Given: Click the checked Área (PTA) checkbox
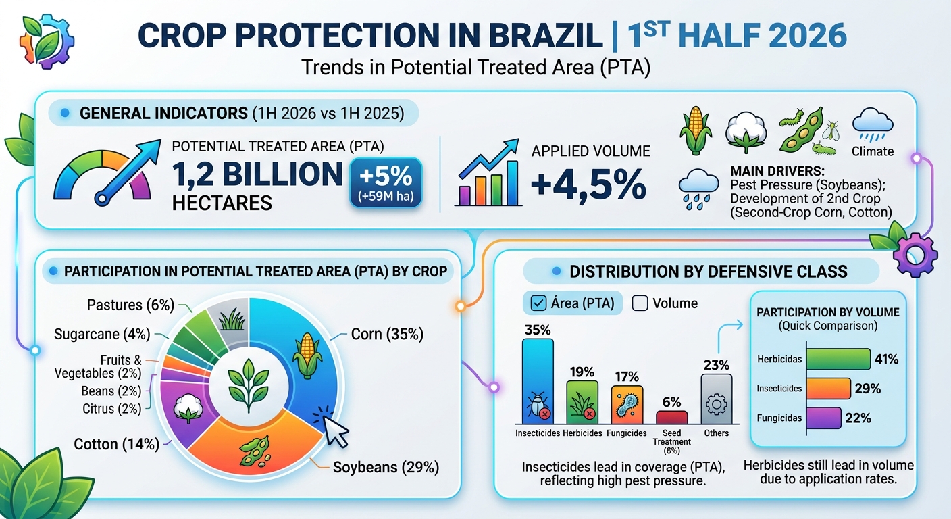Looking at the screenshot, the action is [538, 303].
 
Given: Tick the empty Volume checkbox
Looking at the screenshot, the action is [640, 303].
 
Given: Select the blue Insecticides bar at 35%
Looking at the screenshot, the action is [538, 381].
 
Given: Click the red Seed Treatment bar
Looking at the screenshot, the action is [671, 418].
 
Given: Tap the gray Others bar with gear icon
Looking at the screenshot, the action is [716, 399].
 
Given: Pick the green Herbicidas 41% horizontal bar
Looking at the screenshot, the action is [838, 360].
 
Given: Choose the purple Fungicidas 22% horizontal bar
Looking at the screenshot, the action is [823, 418].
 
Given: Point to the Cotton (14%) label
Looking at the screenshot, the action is [116, 444].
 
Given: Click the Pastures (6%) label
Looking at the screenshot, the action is [131, 305].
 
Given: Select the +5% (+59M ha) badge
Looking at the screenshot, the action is [386, 183].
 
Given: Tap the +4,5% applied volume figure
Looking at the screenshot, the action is [588, 184].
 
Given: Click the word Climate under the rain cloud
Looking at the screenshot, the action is [873, 151].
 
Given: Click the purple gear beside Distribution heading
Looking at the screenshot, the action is [915, 255].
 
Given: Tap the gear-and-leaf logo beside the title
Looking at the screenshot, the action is [46, 41].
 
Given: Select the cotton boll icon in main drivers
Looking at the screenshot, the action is [746, 132].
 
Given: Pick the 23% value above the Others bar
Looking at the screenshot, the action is [716, 365].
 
